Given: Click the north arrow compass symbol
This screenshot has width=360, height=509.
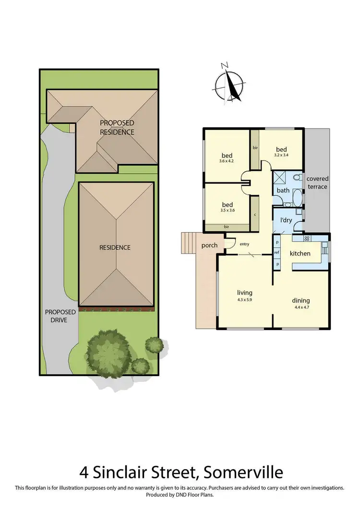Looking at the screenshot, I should point(229,85).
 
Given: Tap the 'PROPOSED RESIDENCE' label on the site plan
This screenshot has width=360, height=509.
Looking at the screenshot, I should point(117,128).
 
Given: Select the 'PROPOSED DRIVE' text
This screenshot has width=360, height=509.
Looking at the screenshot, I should point(60,316).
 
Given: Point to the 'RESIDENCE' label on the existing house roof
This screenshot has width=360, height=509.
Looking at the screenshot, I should point(115,248).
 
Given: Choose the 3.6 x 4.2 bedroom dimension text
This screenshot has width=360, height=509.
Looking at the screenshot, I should point(227,162).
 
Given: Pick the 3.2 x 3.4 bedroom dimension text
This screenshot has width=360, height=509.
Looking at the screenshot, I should point(281,155).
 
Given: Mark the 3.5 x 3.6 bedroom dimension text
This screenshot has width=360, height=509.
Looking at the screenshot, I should point(227,210).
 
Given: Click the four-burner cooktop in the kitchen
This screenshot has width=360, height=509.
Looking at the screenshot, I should point(307,239).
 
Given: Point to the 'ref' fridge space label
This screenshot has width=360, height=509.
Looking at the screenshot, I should point(276,253).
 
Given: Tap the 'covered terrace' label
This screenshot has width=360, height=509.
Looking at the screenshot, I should point(317,182).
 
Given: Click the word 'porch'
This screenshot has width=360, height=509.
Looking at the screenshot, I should point(209,245).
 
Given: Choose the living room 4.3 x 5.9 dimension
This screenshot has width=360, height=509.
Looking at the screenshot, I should point(244,299).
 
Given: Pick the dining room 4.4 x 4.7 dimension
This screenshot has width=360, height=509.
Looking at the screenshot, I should point(301,307).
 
